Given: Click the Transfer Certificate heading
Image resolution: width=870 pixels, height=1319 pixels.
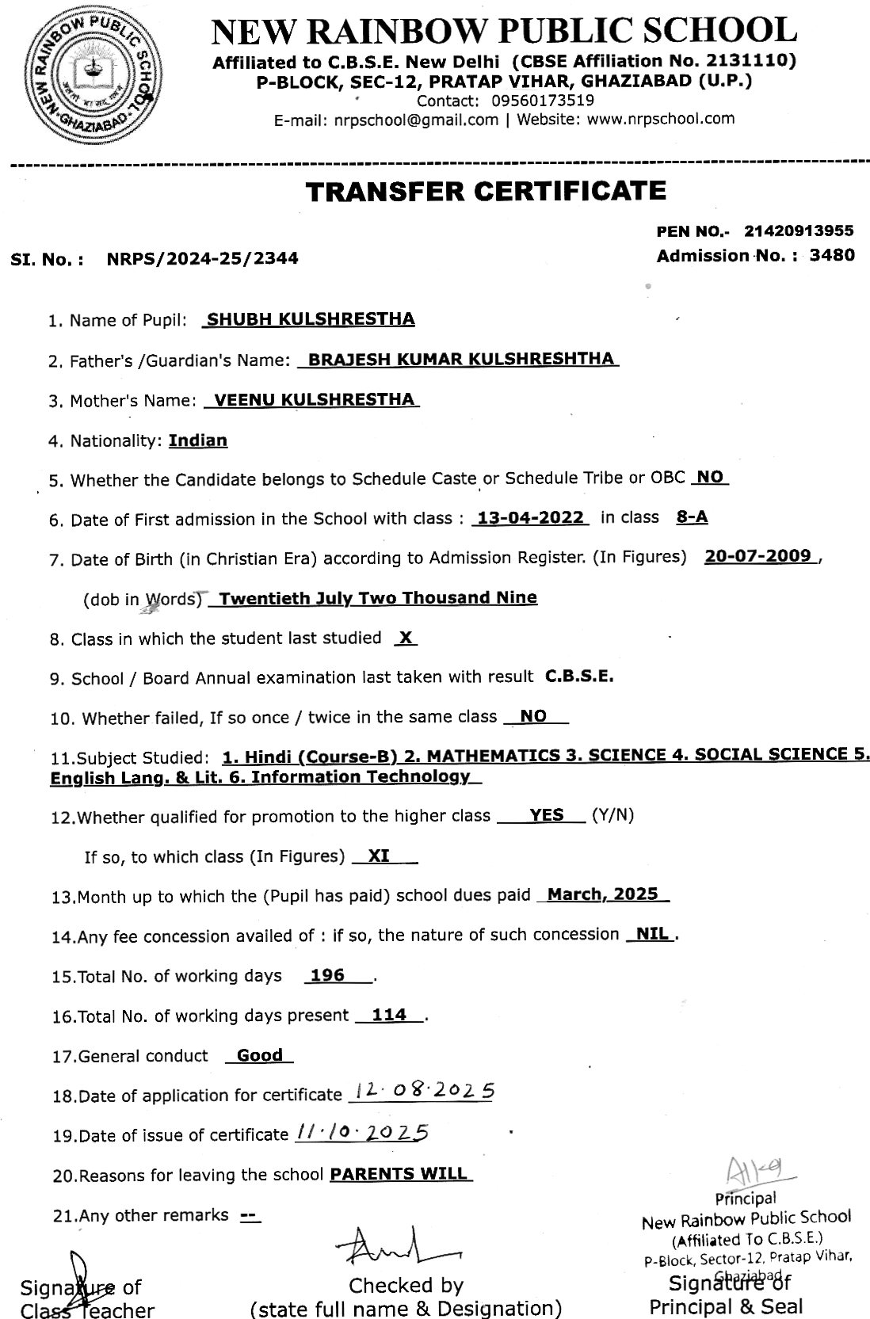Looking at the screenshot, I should [487, 191].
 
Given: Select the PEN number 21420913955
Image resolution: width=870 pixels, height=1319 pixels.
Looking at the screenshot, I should [799, 231].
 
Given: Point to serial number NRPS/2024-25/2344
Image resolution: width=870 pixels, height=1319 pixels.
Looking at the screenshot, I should [202, 258].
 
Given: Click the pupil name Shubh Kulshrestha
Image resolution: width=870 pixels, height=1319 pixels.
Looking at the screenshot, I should [310, 319].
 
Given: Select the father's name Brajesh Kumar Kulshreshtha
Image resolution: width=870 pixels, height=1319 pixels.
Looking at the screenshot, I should [460, 359].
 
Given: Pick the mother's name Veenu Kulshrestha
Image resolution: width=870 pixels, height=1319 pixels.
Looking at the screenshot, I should [315, 399].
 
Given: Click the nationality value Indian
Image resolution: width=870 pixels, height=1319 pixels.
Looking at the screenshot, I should [198, 440].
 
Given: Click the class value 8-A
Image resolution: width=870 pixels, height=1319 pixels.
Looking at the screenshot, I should [692, 518].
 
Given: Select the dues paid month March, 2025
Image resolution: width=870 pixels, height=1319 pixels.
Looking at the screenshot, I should [603, 894].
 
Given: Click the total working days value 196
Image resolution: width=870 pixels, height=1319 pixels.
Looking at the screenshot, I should [327, 975].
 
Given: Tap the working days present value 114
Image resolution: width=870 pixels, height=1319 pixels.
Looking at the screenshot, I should [389, 1015].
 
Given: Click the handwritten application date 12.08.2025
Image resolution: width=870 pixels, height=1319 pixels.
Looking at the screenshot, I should [425, 1092].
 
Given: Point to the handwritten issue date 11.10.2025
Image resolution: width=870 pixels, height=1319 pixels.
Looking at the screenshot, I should [361, 1133].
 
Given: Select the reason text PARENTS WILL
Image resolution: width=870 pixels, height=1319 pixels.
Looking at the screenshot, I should [399, 1173].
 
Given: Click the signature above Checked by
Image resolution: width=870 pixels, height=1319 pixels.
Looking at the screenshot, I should [396, 1251].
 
